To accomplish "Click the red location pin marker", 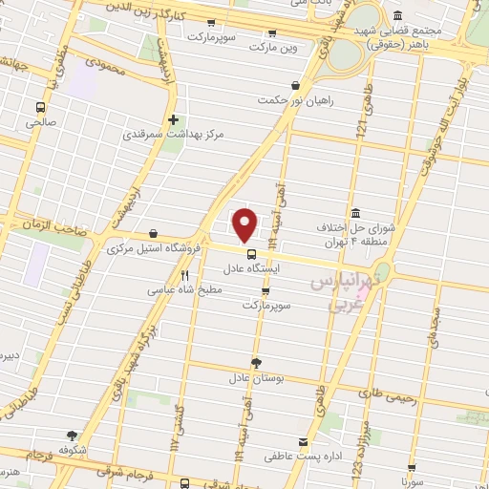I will tap(245, 224).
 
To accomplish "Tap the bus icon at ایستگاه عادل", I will tap(251, 255).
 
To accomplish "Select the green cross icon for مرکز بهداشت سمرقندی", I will tap(173, 120).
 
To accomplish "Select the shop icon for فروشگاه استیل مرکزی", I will tap(154, 232).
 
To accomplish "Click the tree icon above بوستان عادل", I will tap(256, 362).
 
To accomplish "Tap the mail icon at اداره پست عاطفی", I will tap(303, 442).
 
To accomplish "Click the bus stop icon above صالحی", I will tap(40, 107).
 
